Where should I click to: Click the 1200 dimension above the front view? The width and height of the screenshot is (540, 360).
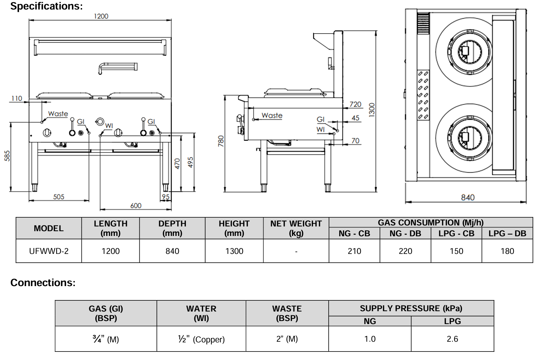(x=101, y=16)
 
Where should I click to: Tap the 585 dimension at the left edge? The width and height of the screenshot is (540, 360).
(x=7, y=156)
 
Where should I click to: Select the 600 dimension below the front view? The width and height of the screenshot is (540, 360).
(x=136, y=206)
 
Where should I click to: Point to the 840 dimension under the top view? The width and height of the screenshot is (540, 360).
(x=467, y=198)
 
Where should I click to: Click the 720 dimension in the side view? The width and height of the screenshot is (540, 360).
(x=355, y=104)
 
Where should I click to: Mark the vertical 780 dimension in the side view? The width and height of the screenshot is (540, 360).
(x=221, y=141)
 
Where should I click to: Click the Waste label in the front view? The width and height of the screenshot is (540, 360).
(x=58, y=114)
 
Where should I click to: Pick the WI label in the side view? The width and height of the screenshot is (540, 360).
(x=321, y=129)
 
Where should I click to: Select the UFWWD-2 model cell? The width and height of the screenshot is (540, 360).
(x=49, y=251)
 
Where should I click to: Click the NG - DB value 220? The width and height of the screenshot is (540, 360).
(x=405, y=251)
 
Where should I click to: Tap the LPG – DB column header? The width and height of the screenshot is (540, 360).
(x=507, y=234)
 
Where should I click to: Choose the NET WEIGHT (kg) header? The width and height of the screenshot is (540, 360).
(x=296, y=228)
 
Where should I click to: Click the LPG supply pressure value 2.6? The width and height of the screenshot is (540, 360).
(x=452, y=339)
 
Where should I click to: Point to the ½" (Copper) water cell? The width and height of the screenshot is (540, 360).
(x=201, y=339)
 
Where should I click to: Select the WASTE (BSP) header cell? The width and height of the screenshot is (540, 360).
(x=287, y=313)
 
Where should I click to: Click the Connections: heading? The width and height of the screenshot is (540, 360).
(x=43, y=283)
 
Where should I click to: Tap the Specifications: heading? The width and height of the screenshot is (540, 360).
(x=46, y=6)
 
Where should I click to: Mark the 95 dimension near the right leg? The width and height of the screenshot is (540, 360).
(x=166, y=197)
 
